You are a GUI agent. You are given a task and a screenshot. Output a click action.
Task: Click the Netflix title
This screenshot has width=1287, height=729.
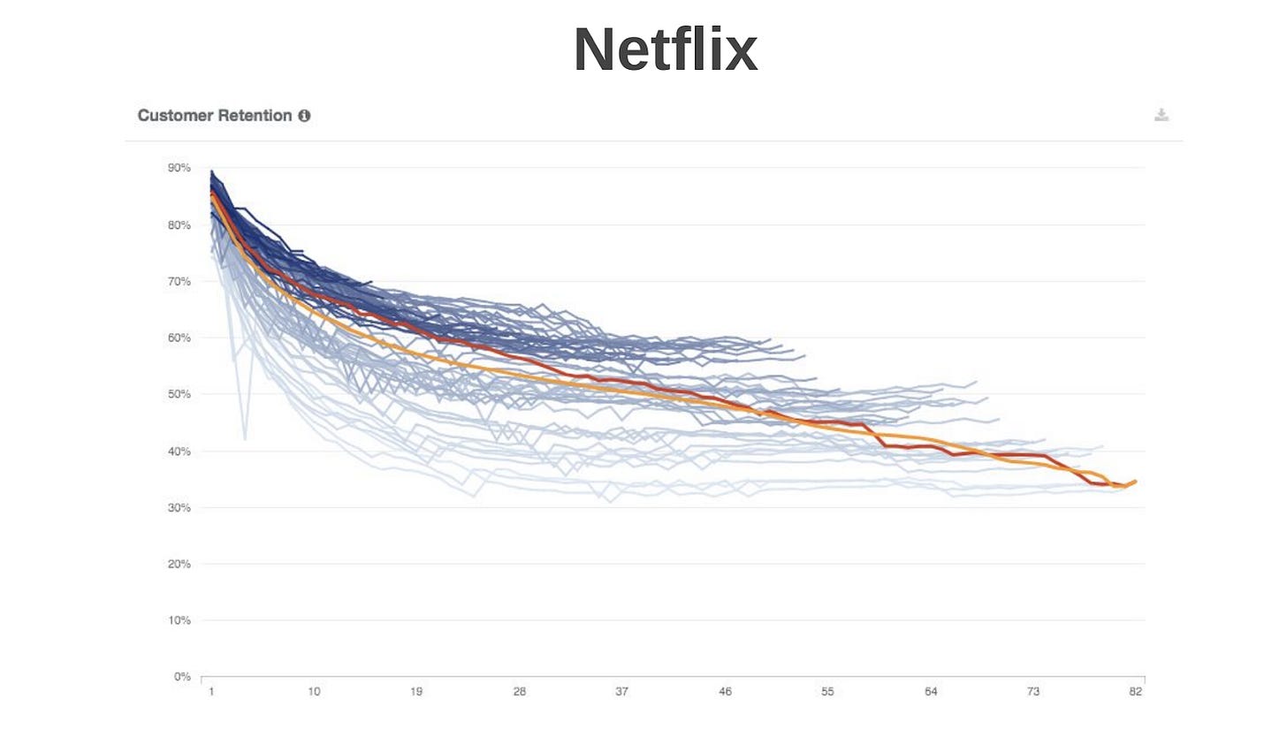(x=665, y=50)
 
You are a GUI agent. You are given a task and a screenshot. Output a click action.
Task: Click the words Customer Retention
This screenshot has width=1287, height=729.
(x=215, y=116)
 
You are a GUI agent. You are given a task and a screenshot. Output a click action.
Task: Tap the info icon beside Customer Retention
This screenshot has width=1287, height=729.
(x=304, y=116)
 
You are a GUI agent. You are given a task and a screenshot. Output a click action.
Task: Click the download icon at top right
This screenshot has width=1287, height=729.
(x=1161, y=115)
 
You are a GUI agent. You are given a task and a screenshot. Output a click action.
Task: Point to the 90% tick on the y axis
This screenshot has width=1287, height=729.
(x=179, y=168)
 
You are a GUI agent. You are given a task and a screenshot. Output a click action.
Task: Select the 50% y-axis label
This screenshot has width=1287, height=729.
(x=179, y=394)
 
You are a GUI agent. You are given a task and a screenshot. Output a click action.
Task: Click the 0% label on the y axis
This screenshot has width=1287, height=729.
(x=182, y=677)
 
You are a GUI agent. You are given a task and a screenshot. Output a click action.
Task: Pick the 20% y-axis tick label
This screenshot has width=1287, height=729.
(x=179, y=564)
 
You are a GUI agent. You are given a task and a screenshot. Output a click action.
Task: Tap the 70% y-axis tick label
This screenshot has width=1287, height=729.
(x=179, y=281)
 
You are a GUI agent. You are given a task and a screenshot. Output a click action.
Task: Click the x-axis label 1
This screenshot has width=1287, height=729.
(x=211, y=692)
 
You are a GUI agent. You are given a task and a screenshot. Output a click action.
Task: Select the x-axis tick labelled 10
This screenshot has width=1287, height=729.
(x=314, y=692)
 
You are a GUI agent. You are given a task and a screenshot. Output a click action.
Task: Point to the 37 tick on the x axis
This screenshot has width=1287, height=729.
(x=622, y=692)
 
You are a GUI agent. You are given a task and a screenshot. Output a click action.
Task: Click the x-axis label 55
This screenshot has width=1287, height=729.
(x=828, y=692)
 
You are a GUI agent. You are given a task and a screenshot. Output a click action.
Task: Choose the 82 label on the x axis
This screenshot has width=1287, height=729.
(x=1136, y=692)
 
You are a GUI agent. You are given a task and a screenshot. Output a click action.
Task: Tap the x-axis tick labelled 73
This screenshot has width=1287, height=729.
(x=1033, y=692)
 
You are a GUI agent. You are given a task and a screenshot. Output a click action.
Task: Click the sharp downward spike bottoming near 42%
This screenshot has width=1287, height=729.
(x=245, y=437)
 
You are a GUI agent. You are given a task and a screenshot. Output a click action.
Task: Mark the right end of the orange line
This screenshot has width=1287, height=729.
(x=1135, y=481)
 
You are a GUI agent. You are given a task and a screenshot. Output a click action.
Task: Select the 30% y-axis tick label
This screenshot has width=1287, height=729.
(x=179, y=507)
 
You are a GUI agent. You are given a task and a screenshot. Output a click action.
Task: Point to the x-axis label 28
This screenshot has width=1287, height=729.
(x=520, y=692)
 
